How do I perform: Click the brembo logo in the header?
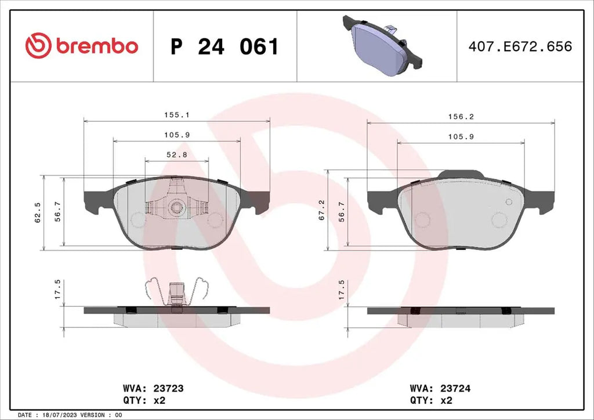(81, 46)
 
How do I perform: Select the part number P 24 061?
(224, 46)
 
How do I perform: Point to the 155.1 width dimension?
(177, 115)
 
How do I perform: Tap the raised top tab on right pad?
(461, 174)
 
